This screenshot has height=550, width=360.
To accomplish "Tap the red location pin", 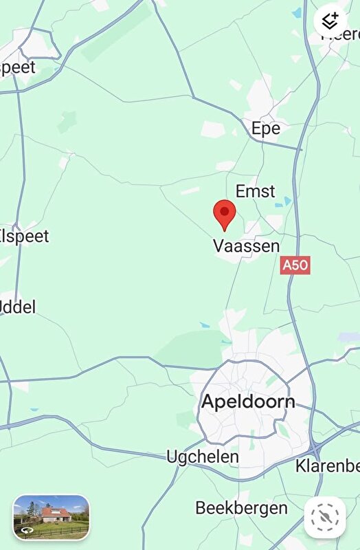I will point(225,213).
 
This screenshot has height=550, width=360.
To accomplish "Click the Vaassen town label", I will point(246,246).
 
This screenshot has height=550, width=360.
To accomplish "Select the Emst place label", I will point(255,191).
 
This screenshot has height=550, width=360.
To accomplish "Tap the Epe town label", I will point(266,129).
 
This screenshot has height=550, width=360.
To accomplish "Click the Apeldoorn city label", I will point(247,402).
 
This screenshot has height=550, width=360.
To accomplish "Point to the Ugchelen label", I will point(203,456).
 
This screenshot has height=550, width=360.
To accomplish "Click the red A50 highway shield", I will point(295,265).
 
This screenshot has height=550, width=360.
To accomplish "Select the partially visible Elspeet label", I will point(25,236).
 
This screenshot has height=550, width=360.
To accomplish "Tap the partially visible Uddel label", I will point(18,307).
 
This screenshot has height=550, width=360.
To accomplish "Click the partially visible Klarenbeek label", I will point(328,466).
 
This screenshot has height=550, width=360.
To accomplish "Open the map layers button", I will point(330,21).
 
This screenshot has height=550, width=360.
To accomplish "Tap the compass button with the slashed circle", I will point(326,518).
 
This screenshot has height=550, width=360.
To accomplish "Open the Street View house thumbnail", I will point(52,517).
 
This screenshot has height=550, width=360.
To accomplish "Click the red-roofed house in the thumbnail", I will point(56,514).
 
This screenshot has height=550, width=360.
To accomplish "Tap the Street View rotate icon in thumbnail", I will point(27,530).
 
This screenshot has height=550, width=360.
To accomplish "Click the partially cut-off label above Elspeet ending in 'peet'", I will point(19,68).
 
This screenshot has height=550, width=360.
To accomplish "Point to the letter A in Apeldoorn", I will point(208,402).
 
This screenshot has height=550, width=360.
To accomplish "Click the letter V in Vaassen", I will point(219,246).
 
